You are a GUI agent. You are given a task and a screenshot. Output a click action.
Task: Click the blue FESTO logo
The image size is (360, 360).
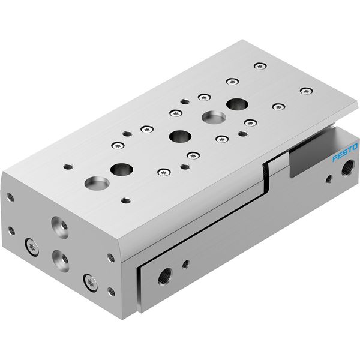(x=345, y=152)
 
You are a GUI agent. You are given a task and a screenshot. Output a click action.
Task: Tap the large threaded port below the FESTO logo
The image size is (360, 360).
(x=348, y=167)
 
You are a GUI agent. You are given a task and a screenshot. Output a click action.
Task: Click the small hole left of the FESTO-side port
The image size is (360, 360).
(x=329, y=179)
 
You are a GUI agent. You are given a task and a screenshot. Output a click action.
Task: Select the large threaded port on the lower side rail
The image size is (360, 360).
(x=166, y=277)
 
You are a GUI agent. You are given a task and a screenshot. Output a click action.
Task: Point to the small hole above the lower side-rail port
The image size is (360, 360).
(x=185, y=264)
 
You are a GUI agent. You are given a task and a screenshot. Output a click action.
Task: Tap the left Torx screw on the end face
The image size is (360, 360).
(x=32, y=247)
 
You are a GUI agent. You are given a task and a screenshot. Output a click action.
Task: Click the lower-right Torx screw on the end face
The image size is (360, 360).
(x=90, y=283)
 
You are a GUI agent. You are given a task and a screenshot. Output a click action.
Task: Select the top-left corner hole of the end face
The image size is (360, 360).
(x=10, y=197)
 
